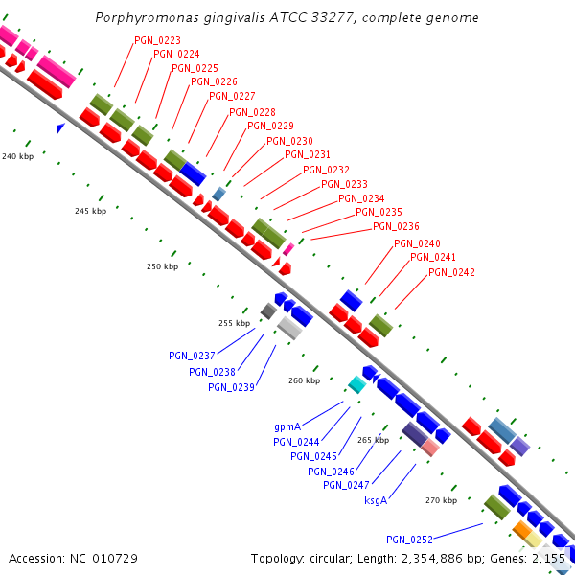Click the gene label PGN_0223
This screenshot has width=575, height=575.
pos(158,39)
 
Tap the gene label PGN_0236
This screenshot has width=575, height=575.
pos(396,226)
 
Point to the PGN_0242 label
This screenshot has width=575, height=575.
pos(451,272)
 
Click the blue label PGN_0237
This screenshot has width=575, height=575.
pos(192,356)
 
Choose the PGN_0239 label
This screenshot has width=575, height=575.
pos(231,387)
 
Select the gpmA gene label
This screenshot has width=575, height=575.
pos(287,426)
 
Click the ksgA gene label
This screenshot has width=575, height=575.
pos(376,500)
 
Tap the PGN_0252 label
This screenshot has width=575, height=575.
pos(409,540)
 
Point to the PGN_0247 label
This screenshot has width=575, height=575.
pos(346,485)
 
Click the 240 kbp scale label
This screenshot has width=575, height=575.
pos(17,155)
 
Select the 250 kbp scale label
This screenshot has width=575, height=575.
pos(162,266)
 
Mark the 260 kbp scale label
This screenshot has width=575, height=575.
pos(304,380)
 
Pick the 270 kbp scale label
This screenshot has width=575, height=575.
pos(441,500)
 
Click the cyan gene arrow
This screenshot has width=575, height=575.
pos(356,384)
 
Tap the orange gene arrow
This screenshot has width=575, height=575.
pos(522,528)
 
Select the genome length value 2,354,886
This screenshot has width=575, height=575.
pos(454,558)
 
